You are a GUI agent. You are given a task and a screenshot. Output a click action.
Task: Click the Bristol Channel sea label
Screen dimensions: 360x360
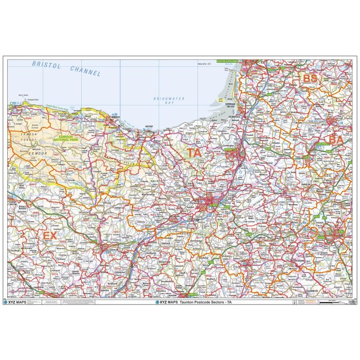[66, 68]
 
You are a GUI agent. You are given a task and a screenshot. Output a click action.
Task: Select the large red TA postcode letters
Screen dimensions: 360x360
[194, 153]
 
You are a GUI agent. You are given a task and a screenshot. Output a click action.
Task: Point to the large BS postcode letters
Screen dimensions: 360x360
[310, 78]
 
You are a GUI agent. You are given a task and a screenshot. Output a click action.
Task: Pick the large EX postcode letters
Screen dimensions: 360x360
[49, 235]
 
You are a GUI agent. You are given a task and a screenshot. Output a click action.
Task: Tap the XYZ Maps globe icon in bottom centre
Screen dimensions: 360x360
[157, 302]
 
